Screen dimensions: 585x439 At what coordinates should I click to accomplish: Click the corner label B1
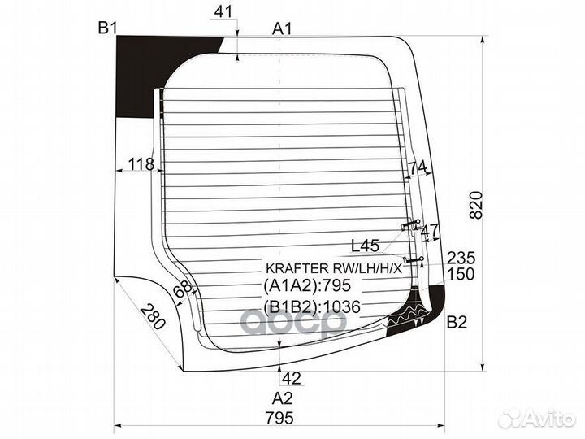click(108, 28)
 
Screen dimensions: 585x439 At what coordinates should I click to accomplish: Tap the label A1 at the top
click(282, 28)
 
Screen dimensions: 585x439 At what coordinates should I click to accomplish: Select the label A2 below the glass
click(283, 398)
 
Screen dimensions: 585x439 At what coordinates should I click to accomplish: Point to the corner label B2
click(457, 322)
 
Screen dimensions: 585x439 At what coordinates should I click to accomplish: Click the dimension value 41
click(223, 12)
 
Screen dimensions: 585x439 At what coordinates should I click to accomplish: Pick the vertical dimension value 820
click(476, 205)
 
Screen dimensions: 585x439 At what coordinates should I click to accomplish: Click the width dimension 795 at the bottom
click(279, 418)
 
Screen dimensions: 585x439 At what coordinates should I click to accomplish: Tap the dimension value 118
click(141, 164)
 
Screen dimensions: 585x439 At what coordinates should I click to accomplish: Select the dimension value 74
click(417, 169)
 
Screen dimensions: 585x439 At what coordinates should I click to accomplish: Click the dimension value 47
click(430, 232)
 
